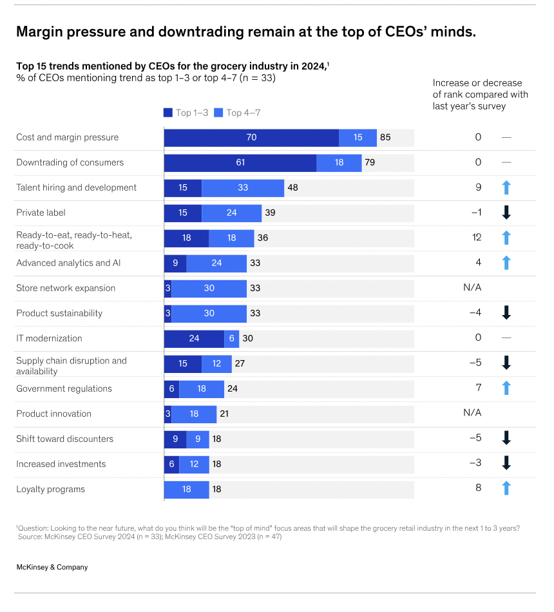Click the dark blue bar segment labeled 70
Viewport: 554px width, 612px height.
[251, 137]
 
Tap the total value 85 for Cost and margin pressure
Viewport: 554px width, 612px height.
[385, 137]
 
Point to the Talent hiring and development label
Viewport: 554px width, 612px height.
[76, 187]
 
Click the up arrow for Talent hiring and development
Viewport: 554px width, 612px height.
[506, 187]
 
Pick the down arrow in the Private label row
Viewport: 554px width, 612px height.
[506, 213]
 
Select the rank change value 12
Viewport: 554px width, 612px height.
[477, 238]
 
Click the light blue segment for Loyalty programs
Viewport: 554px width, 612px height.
[186, 489]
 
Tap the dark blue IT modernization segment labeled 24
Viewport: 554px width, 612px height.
[194, 338]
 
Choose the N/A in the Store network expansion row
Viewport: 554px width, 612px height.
[472, 288]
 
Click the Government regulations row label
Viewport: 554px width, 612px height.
[64, 388]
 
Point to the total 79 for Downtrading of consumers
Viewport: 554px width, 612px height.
[370, 162]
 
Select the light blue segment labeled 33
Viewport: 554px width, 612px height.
[243, 187]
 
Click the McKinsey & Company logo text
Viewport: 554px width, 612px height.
[52, 567]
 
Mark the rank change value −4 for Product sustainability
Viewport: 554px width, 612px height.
[475, 313]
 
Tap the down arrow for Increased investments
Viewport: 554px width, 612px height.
[506, 464]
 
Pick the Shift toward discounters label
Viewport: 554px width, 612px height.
[64, 439]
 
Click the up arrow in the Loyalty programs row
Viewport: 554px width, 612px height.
[506, 489]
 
